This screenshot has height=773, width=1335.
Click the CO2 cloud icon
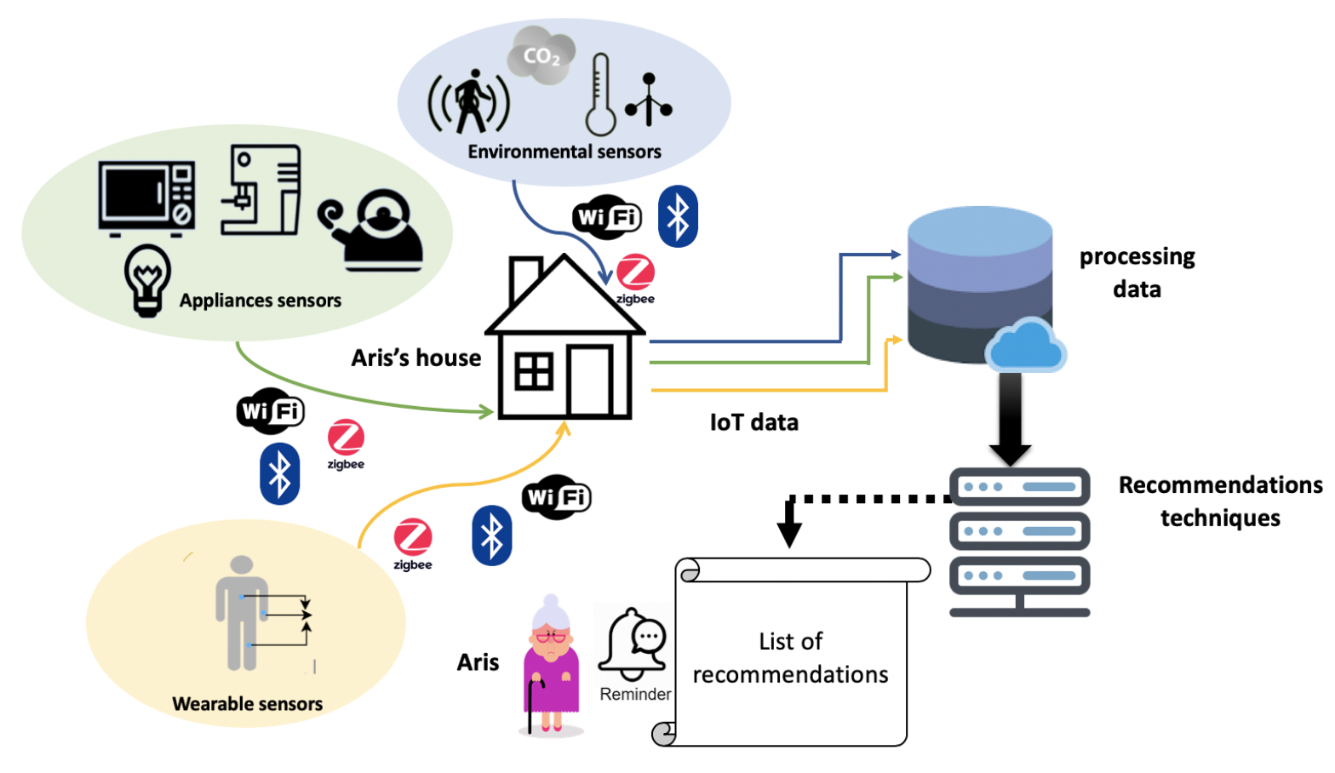tap(541, 56)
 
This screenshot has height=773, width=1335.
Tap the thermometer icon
tap(600, 95)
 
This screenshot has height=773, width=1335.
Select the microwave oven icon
tap(146, 197)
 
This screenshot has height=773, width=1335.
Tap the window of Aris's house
tap(534, 371)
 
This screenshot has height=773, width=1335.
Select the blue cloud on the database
tap(1026, 346)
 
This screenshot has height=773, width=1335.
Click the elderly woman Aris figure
tap(552, 664)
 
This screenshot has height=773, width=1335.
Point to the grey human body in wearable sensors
tap(242, 613)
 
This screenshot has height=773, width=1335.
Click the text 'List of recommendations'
tap(790, 658)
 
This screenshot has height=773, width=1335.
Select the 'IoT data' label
tap(753, 422)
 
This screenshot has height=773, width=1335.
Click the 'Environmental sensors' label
tap(564, 152)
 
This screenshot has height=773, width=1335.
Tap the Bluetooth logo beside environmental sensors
tap(678, 216)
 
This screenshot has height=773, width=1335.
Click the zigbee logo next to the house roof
tap(635, 278)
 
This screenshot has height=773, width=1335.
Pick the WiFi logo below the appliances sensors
tap(270, 411)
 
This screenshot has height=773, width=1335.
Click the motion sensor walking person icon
tap(469, 103)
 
